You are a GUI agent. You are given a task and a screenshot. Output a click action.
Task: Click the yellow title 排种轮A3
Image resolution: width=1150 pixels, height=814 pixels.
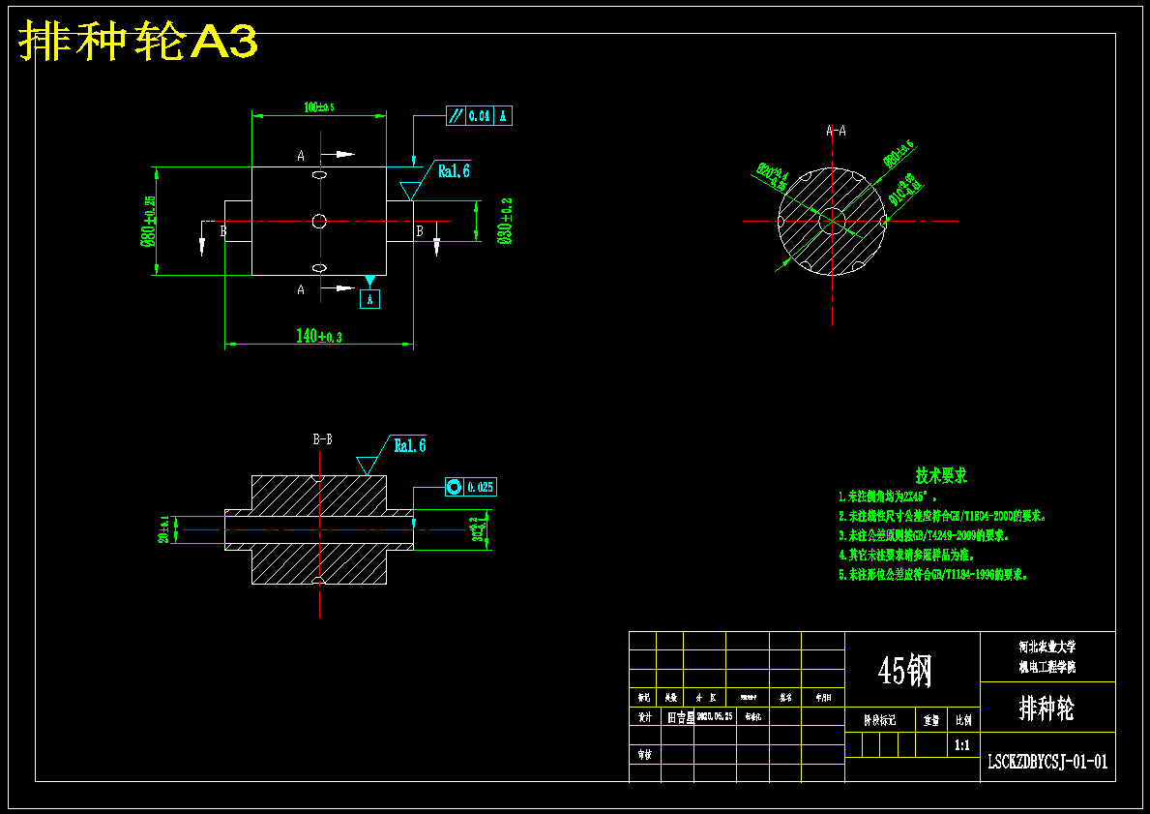(138, 42)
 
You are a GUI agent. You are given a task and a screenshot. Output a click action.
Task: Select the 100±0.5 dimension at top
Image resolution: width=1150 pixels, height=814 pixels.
(318, 106)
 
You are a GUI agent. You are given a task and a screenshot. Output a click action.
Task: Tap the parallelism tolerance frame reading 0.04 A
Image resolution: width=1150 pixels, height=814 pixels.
(479, 116)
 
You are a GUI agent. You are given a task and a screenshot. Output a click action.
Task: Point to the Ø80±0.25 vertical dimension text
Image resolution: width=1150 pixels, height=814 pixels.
(149, 222)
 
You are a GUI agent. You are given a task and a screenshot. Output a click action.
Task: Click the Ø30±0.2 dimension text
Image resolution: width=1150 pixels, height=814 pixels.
(505, 222)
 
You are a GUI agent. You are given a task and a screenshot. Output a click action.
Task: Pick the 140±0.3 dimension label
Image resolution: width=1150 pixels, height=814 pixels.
(319, 336)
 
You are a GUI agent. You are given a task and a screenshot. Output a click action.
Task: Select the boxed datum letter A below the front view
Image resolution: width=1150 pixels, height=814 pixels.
(369, 299)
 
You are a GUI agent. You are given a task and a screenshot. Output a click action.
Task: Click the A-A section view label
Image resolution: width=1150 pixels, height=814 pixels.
(836, 131)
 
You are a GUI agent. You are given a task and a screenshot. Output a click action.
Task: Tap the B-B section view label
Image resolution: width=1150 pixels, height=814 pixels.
(323, 439)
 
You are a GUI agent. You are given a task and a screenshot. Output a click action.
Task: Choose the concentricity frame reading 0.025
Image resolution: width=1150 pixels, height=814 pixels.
(470, 487)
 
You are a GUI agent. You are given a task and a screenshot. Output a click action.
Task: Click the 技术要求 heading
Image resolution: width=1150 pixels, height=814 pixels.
(941, 475)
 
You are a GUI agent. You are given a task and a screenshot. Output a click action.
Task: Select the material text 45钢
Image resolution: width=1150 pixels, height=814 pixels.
(905, 670)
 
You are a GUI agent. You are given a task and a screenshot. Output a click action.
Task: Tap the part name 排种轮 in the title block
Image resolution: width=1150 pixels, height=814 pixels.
(1047, 708)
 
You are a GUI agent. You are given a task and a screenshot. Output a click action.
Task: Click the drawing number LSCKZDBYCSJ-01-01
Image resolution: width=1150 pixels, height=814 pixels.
(1047, 762)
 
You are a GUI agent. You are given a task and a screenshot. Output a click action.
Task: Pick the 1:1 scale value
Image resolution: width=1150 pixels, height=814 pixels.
(962, 745)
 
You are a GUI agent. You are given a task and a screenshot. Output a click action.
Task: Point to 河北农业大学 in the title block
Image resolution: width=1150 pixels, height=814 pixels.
(1047, 647)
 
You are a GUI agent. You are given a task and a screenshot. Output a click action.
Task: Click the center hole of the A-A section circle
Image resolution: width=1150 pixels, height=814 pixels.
(831, 221)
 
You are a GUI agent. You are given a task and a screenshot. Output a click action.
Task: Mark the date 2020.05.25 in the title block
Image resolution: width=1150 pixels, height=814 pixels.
(716, 717)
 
